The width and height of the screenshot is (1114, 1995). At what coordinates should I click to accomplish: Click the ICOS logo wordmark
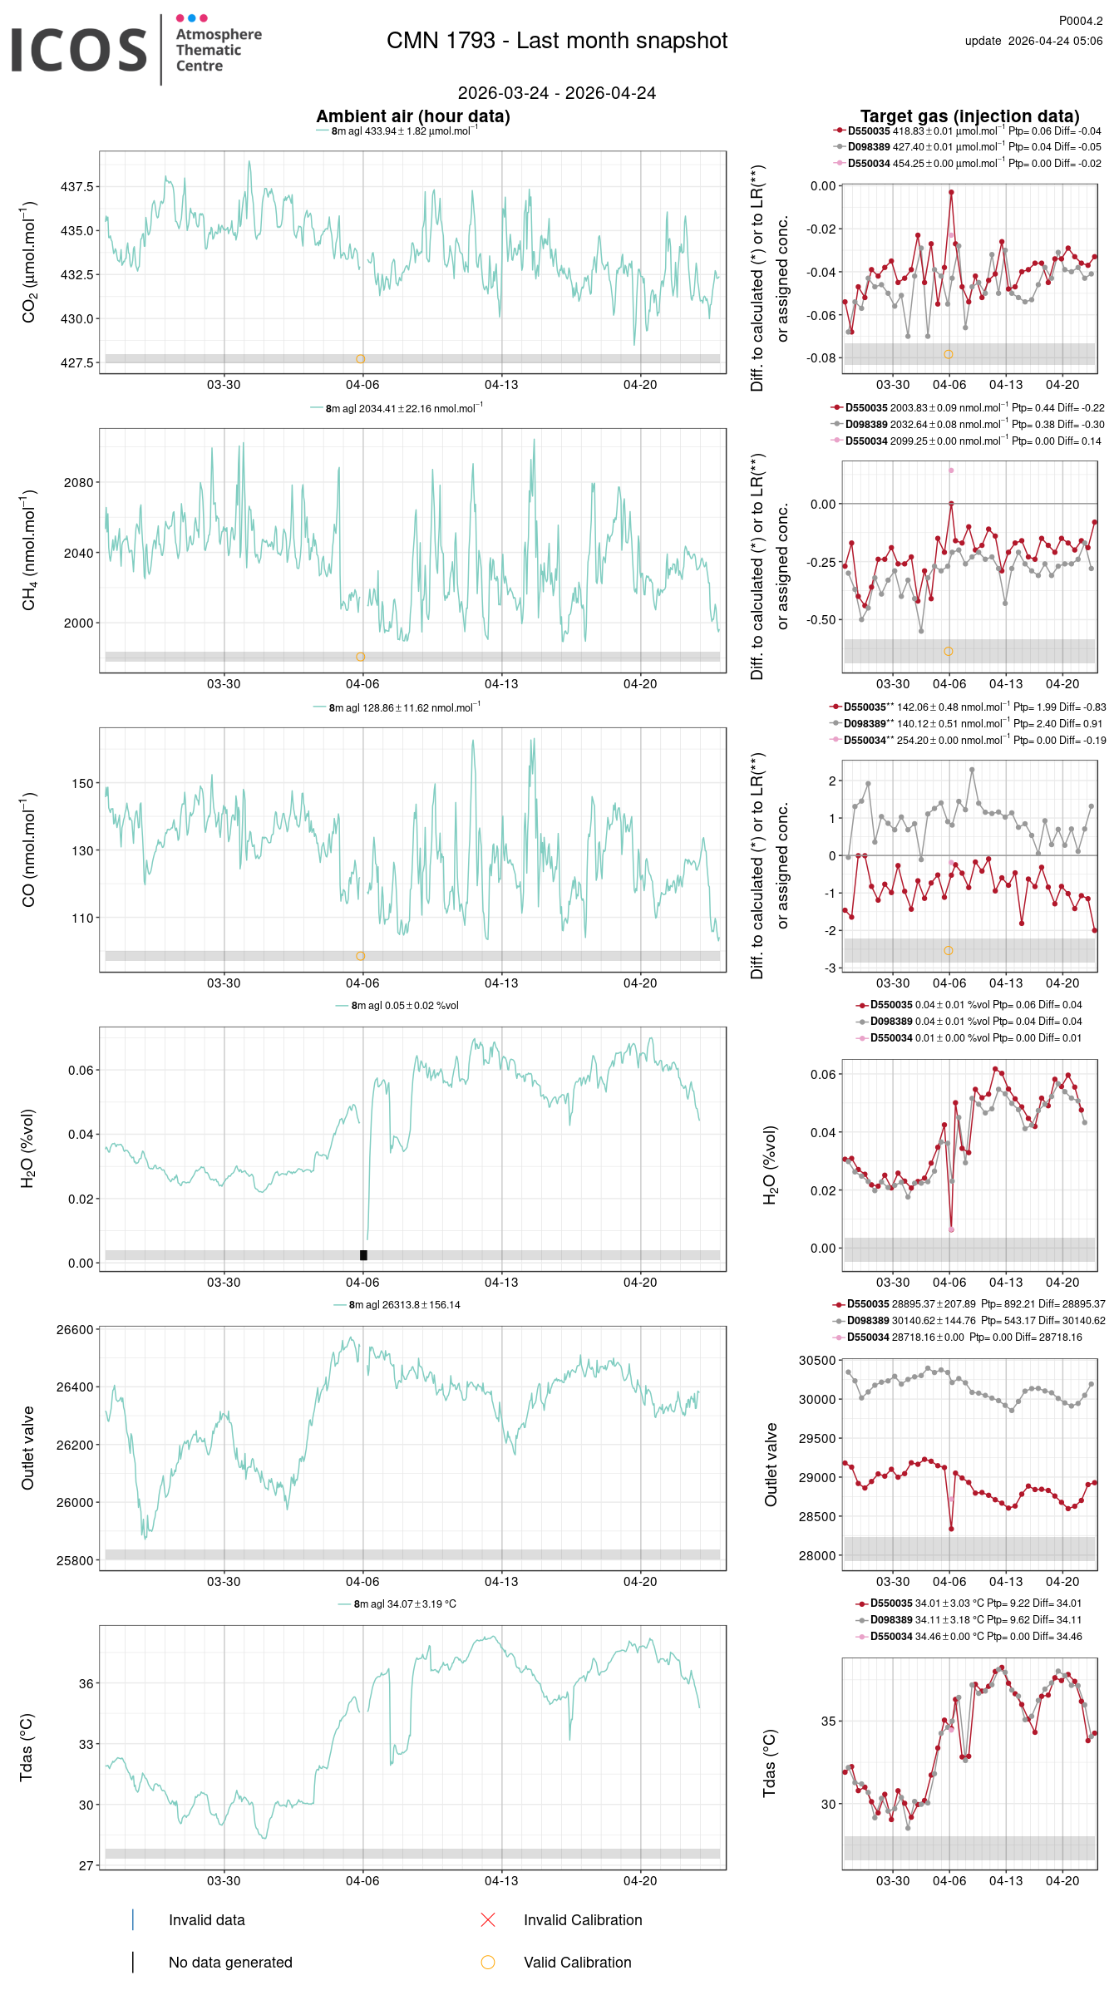point(79,50)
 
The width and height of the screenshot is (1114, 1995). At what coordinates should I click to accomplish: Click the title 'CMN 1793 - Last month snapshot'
point(557,41)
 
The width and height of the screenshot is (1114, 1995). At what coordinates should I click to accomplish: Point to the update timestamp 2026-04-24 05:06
point(1054,41)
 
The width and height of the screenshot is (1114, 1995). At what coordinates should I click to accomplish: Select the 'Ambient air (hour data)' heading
point(412,116)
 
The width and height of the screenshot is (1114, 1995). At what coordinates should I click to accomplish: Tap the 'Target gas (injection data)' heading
point(969,116)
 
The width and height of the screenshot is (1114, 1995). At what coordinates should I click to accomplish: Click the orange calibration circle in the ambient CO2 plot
point(360,359)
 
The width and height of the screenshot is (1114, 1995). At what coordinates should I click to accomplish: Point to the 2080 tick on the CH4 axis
point(79,482)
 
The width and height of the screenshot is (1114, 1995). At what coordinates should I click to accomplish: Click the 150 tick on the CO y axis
point(82,783)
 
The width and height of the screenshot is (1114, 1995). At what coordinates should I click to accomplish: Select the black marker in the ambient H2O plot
point(363,1255)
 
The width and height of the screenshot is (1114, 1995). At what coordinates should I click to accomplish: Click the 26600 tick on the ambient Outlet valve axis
point(75,1330)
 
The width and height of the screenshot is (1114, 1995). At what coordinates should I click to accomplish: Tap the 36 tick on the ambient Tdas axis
point(86,1683)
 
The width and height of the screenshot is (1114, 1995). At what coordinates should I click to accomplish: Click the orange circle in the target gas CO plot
point(949,950)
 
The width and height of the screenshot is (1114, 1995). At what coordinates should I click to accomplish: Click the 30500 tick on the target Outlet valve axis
point(816,1361)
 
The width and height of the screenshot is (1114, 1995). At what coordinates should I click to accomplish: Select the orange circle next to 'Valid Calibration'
point(488,1963)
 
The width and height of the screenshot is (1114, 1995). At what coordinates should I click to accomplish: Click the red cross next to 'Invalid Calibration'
point(488,1919)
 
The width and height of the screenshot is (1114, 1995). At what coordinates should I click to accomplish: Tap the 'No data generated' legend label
point(230,1963)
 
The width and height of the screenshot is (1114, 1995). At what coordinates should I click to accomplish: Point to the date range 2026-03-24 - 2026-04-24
point(556,93)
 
